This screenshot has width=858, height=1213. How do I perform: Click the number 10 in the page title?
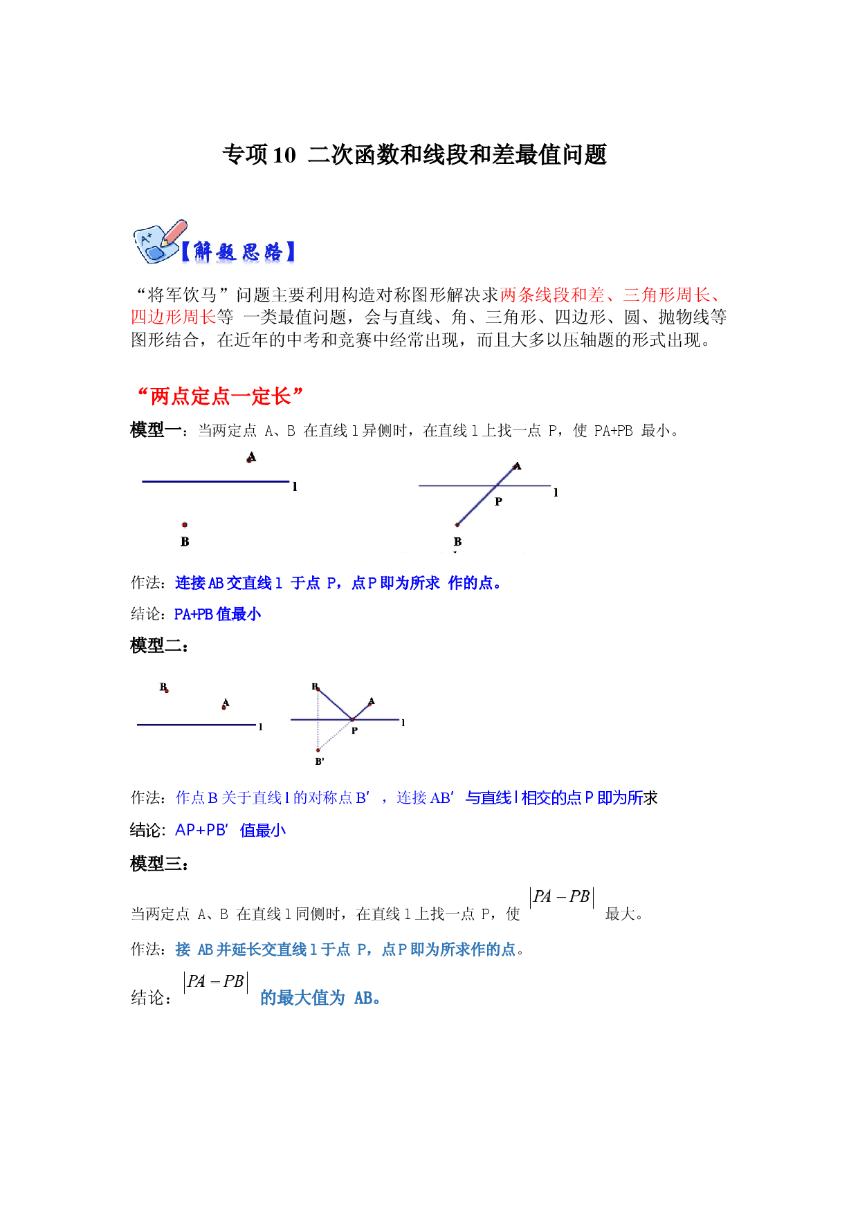(x=284, y=155)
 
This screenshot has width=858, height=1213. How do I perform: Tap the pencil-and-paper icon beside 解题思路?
(x=158, y=242)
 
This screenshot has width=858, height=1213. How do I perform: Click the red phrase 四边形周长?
(x=174, y=317)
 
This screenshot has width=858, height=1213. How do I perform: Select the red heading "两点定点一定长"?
(x=220, y=396)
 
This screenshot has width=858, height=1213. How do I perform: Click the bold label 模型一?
(x=156, y=430)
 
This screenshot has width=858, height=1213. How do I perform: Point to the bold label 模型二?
(x=156, y=646)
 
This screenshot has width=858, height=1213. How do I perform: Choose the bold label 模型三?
(x=156, y=863)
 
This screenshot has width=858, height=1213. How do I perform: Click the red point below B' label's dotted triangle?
(x=318, y=750)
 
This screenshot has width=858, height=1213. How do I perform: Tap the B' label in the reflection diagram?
(x=320, y=761)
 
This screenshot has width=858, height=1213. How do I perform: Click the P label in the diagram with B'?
(x=354, y=730)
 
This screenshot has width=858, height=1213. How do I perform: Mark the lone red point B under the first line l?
(x=185, y=525)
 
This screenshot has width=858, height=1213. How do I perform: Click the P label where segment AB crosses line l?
(x=498, y=501)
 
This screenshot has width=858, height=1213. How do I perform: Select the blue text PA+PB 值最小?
(x=217, y=614)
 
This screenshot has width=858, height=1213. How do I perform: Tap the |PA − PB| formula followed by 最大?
(x=562, y=897)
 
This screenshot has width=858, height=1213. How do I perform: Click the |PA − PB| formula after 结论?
(x=216, y=982)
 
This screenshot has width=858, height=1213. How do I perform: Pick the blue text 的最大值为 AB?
(x=320, y=998)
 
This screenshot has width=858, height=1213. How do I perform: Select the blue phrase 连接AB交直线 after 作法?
(x=223, y=583)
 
